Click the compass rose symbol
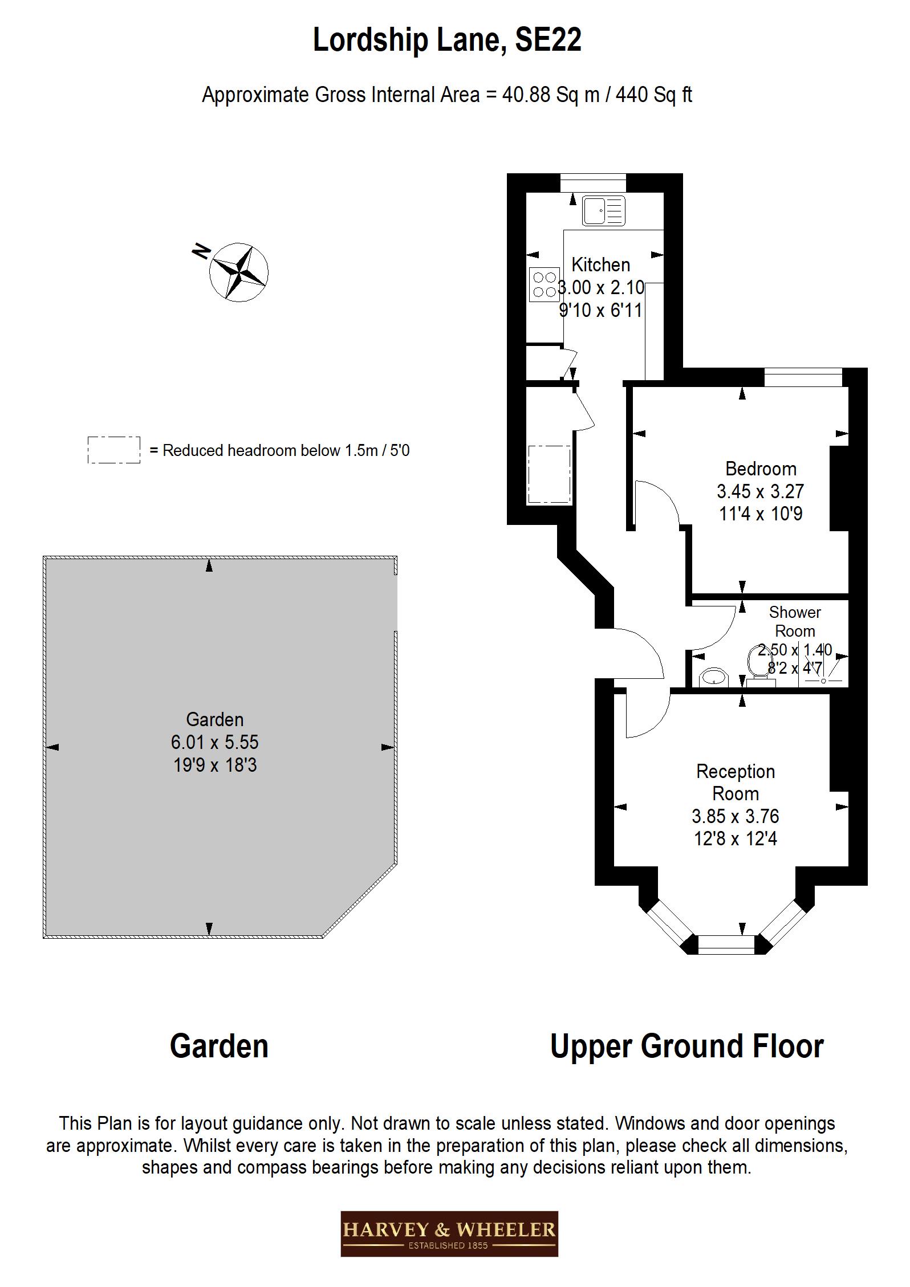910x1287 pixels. (x=238, y=272)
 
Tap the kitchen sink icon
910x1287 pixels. (x=603, y=210)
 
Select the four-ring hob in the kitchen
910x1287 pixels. (x=543, y=284)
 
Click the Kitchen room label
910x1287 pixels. (x=600, y=264)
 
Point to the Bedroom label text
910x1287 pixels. (x=760, y=469)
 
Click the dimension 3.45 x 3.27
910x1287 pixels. (x=760, y=491)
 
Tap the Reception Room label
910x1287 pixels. (x=735, y=782)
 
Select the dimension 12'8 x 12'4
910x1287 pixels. (x=735, y=838)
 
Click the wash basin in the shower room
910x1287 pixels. (x=713, y=678)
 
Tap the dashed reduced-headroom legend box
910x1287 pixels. (x=113, y=450)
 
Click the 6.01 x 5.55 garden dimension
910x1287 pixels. (x=214, y=742)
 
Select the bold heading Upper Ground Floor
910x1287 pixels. (x=686, y=1046)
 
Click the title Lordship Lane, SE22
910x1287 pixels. (x=447, y=40)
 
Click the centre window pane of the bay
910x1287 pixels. (x=726, y=944)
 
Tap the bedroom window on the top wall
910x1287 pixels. (x=802, y=377)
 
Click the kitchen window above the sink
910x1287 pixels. (x=592, y=183)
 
